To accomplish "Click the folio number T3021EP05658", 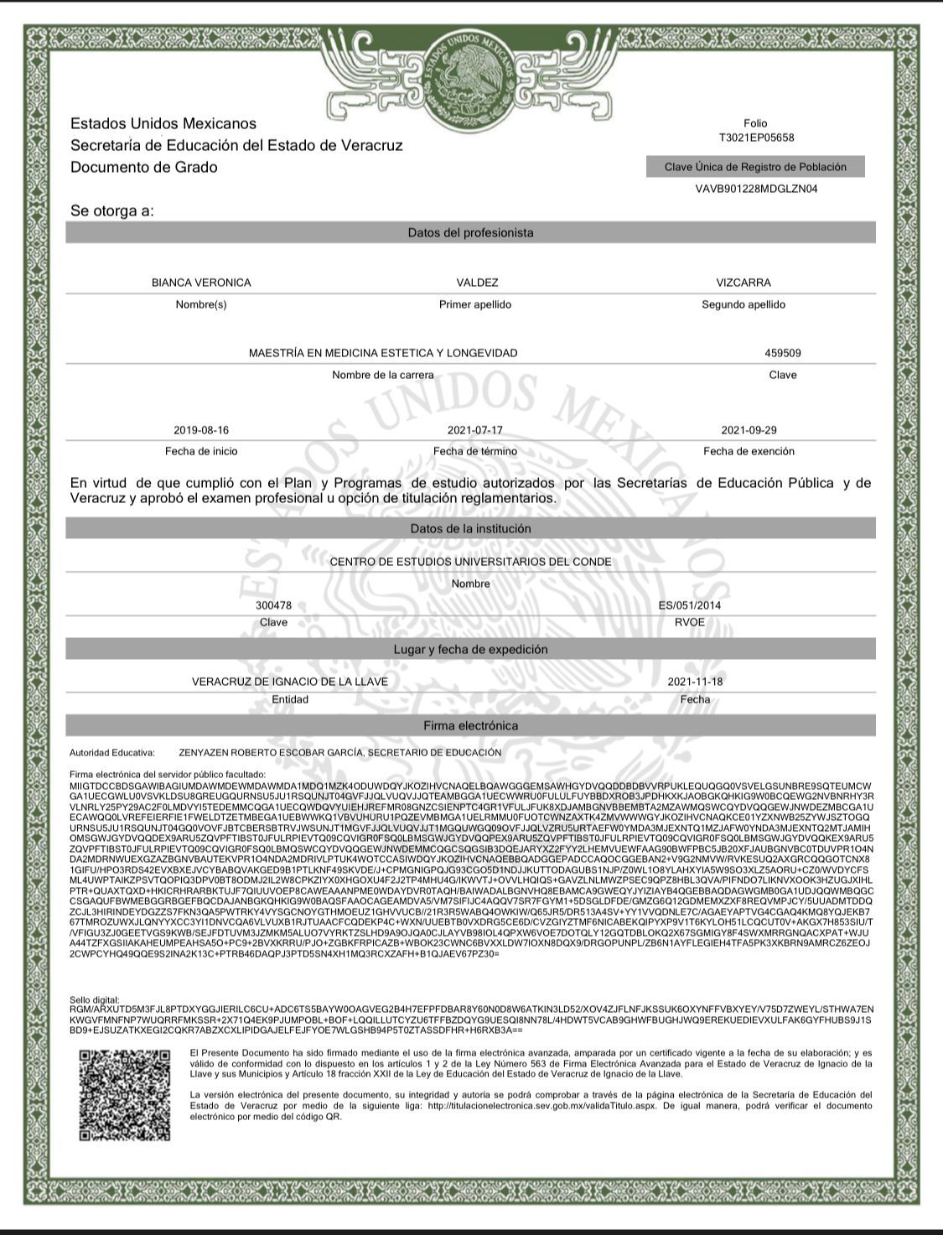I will (756, 138).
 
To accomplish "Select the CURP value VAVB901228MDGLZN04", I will (756, 189).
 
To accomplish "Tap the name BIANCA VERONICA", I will (201, 283).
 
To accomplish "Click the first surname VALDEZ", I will (477, 283).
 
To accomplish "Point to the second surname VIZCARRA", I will (744, 283).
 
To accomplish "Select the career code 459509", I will (783, 353).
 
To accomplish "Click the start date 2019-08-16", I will (201, 430).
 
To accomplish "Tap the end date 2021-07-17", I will (474, 430).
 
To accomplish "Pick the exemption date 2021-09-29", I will (749, 430).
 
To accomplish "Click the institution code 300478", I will (273, 605).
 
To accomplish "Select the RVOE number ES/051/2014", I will (690, 605).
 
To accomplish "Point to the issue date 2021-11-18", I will (695, 682).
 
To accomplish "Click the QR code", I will (125, 1094).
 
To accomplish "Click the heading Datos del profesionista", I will (470, 232).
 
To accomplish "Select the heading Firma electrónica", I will (470, 725).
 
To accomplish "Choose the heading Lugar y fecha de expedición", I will (470, 650).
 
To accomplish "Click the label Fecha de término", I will (474, 451).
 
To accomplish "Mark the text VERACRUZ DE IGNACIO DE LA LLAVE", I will (290, 682).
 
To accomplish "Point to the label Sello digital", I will (95, 1000).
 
